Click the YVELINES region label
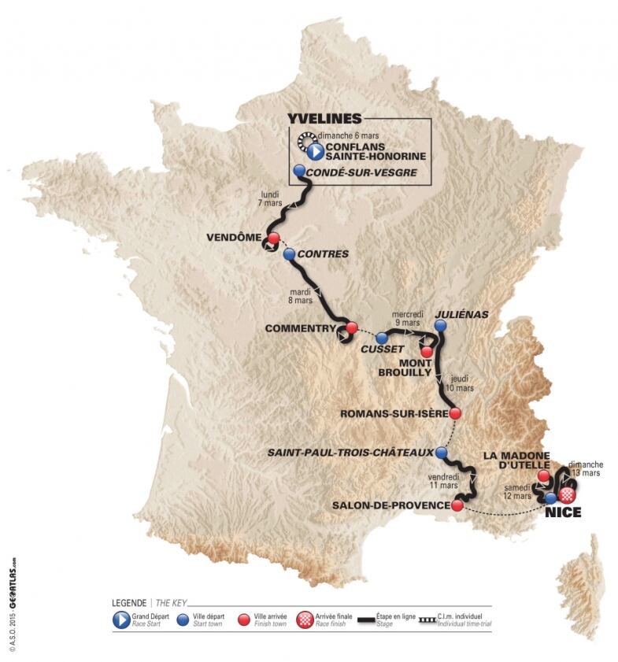pyautogui.click(x=325, y=118)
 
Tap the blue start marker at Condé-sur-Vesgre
pyautogui.click(x=299, y=171)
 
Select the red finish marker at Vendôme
pyautogui.click(x=273, y=239)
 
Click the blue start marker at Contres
pyautogui.click(x=289, y=254)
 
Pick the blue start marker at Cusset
pyautogui.click(x=381, y=338)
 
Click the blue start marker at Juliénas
pyautogui.click(x=441, y=324)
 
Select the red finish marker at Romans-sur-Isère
pyautogui.click(x=455, y=412)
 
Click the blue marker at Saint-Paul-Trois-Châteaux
pyautogui.click(x=442, y=453)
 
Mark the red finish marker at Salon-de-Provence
pyautogui.click(x=457, y=506)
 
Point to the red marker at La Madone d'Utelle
pyautogui.click(x=543, y=476)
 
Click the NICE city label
pyautogui.click(x=562, y=513)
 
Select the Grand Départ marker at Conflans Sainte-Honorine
pyautogui.click(x=313, y=150)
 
